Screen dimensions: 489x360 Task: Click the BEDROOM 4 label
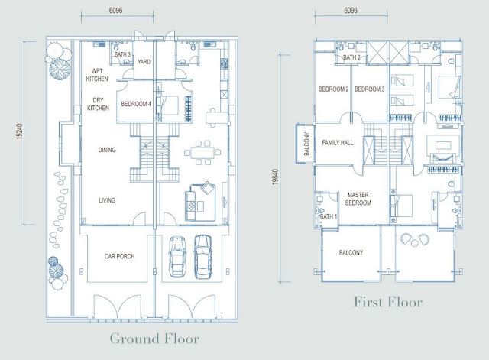(x=136, y=104)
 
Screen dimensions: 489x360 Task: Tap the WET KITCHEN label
(x=97, y=75)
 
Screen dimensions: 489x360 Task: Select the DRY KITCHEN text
(x=98, y=104)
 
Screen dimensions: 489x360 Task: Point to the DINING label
(x=107, y=150)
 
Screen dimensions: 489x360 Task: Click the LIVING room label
(x=107, y=200)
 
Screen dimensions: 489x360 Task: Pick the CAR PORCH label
(x=119, y=256)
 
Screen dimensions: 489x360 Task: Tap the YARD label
(x=144, y=62)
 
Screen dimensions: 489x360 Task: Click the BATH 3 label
(x=122, y=54)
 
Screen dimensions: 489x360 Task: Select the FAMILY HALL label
(x=338, y=143)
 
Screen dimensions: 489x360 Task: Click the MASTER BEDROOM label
(x=358, y=199)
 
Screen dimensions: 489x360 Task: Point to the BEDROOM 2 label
(x=333, y=89)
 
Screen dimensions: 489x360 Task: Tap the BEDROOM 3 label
(x=370, y=89)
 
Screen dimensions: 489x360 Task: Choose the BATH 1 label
(x=328, y=216)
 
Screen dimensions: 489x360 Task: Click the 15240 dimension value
(x=19, y=131)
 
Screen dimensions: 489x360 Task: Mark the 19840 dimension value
(x=275, y=177)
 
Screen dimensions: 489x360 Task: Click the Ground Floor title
(x=154, y=339)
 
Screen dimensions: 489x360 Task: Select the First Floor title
(x=388, y=302)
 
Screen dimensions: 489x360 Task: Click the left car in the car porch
(x=177, y=256)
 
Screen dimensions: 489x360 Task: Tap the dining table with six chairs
(x=202, y=153)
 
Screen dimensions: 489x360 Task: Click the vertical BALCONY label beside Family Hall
(x=306, y=144)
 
